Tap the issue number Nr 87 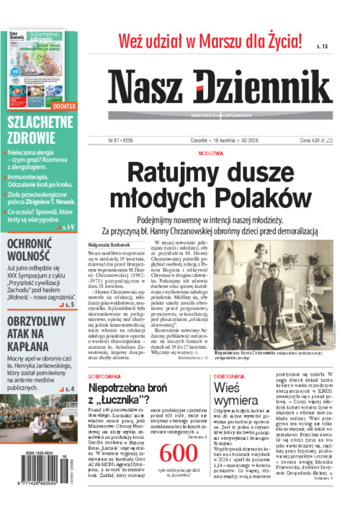[117, 141]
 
